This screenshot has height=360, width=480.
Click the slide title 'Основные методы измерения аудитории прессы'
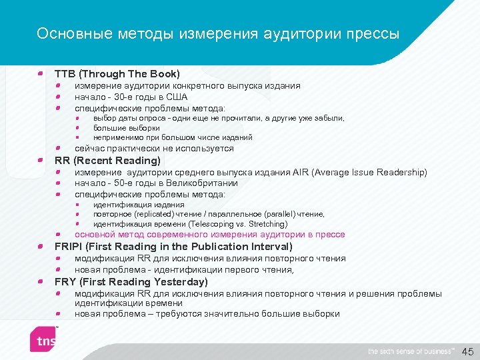[x=218, y=33]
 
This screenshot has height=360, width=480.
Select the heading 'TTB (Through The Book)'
[x=117, y=73]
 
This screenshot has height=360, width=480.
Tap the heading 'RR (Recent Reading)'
[x=107, y=161]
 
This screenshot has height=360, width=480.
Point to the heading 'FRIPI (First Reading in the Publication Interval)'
[x=173, y=247]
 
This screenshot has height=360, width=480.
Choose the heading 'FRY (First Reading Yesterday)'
[x=131, y=282]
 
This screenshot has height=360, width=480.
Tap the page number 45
[x=467, y=351]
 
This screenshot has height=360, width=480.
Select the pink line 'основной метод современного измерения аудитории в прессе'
[x=200, y=235]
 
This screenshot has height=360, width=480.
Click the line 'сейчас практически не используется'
[x=154, y=149]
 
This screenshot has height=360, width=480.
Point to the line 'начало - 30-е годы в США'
[x=131, y=97]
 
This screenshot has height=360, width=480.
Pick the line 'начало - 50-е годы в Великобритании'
[x=156, y=183]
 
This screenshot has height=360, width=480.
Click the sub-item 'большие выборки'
[x=127, y=128]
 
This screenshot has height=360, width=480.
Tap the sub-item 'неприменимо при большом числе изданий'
[x=173, y=137]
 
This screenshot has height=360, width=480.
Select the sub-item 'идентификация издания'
[x=139, y=205]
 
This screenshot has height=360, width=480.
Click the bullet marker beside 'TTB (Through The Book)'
[x=41, y=73]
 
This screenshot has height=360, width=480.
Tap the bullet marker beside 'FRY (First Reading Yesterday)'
[x=41, y=282]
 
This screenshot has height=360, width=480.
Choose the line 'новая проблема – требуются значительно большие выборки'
[x=207, y=314]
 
